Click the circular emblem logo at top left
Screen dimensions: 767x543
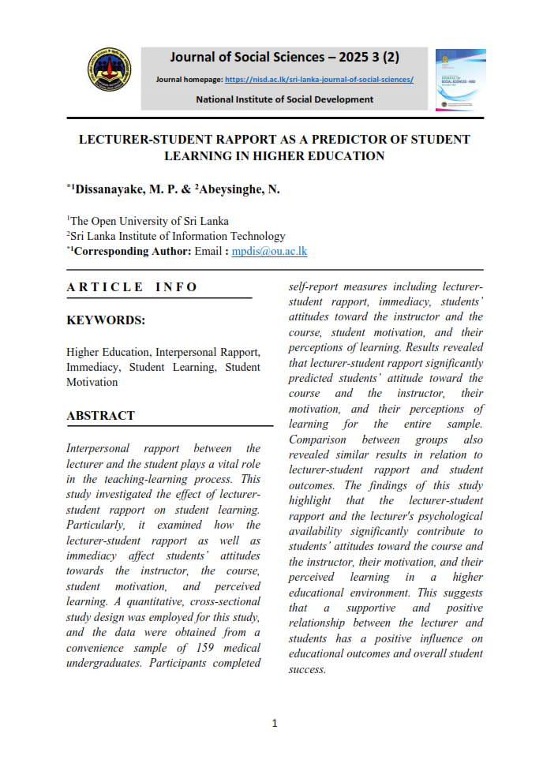click(x=108, y=77)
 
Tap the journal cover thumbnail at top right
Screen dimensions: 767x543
click(x=460, y=80)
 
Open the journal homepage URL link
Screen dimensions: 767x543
click(x=319, y=80)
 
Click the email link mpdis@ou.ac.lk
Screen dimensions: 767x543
click(x=269, y=251)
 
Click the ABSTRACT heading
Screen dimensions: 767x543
click(x=100, y=415)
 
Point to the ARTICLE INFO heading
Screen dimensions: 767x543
click(x=133, y=286)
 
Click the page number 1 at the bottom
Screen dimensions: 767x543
click(x=274, y=723)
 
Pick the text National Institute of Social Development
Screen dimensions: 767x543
click(x=285, y=99)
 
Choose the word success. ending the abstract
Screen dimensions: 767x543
click(x=307, y=669)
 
